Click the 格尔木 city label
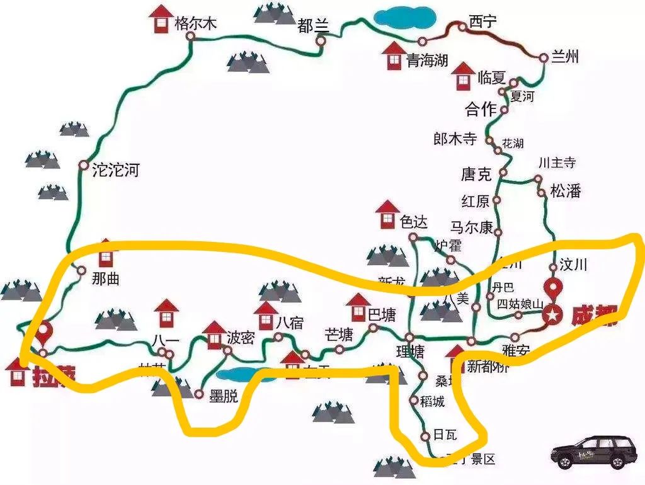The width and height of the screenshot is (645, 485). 196,24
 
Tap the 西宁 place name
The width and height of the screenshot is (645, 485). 482,22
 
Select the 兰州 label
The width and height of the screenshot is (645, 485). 564,57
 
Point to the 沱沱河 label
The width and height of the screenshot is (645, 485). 115,169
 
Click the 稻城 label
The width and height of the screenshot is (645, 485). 431,401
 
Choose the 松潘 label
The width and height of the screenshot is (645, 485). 565,191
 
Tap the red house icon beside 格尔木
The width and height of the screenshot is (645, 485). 163,19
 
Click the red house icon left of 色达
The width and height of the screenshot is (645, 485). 387,215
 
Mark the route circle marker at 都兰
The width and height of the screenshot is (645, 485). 321,42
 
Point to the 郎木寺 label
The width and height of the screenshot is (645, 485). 455,139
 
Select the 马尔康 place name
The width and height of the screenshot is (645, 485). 472,227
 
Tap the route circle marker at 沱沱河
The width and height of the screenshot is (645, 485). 83,165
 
